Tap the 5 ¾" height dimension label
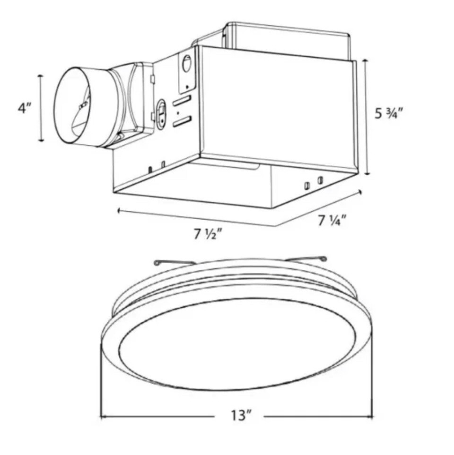click(x=389, y=114)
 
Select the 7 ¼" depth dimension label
click(x=332, y=220)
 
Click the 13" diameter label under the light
click(x=241, y=416)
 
